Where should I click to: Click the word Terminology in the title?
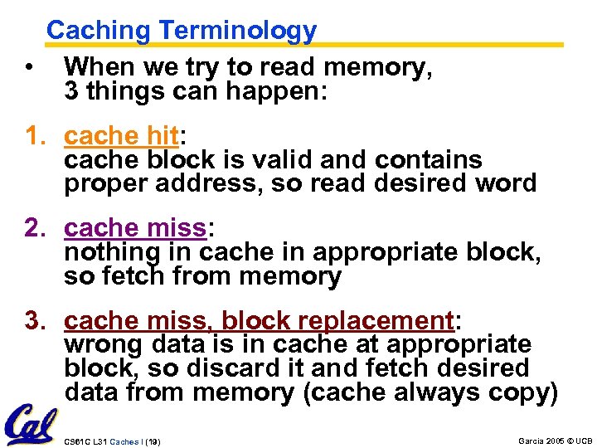click(238, 31)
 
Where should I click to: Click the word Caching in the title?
click(99, 31)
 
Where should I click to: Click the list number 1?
click(36, 134)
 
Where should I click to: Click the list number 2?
click(36, 227)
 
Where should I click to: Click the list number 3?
click(36, 320)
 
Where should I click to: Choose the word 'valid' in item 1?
click(277, 158)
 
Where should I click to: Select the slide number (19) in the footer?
click(152, 442)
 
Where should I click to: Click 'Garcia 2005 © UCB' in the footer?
click(555, 441)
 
